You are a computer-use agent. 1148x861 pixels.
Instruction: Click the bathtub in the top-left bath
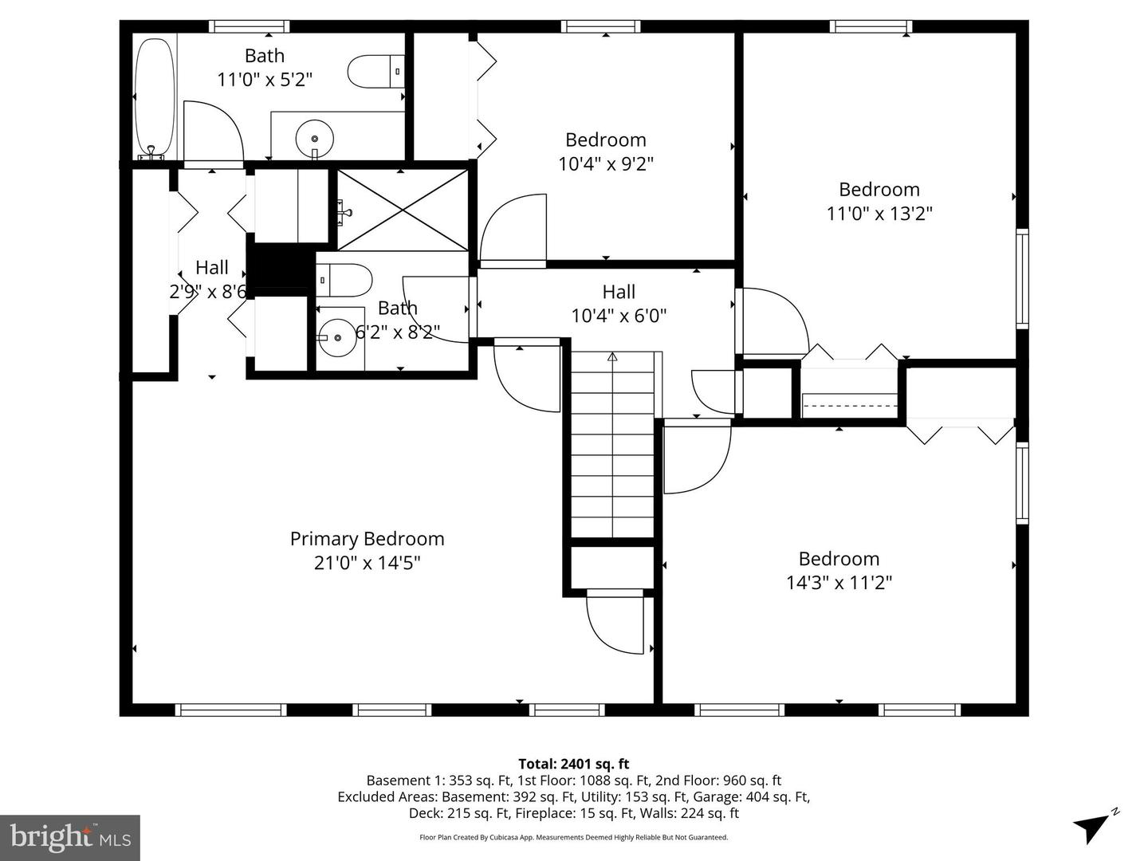tap(155, 96)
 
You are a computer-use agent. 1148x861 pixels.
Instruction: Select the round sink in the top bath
tap(314, 139)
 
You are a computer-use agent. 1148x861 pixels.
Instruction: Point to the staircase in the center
tap(612, 446)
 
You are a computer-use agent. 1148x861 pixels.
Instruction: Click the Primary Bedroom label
tap(367, 539)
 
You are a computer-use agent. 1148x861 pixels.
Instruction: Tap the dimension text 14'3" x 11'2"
tap(839, 583)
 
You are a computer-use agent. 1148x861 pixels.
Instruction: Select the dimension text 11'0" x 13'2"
tap(879, 214)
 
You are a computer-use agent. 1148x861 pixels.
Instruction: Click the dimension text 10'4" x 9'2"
tap(606, 164)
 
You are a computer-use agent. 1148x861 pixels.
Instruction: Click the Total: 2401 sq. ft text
tap(574, 764)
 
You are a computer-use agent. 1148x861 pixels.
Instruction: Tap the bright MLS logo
tap(70, 837)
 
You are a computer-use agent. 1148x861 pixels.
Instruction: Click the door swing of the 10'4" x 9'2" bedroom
tap(513, 229)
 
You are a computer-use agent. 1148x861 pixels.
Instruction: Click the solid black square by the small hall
tap(277, 265)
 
